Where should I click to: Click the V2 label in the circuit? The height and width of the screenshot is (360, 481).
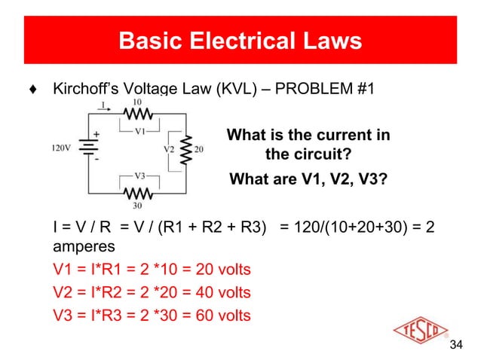tap(170, 148)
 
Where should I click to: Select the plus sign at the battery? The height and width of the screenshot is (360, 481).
tap(97, 135)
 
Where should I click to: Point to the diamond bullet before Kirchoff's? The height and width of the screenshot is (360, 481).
tap(31, 90)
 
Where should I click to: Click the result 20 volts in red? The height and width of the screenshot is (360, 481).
tap(220, 269)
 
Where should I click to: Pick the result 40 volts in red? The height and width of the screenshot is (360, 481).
tap(220, 291)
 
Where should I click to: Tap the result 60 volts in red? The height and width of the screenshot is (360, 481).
tap(220, 314)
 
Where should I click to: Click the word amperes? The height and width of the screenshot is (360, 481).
tap(84, 247)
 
